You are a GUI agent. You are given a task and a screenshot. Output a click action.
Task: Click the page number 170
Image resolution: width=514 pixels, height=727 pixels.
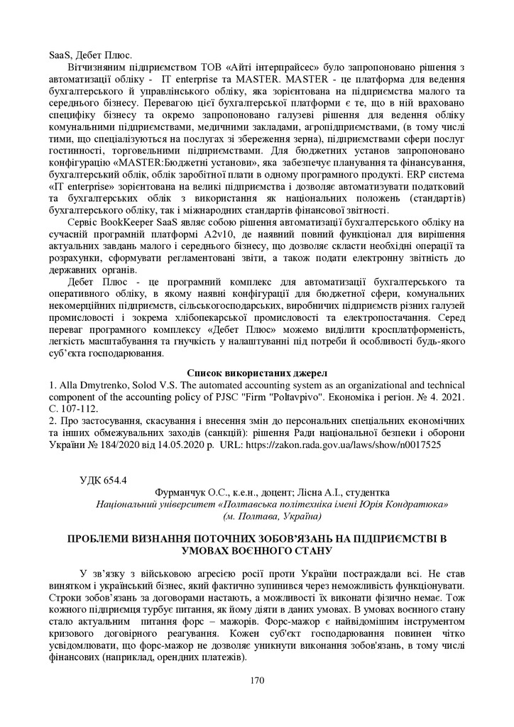(x=257, y=681)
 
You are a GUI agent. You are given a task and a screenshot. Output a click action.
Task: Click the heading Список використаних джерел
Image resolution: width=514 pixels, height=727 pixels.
(x=256, y=372)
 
